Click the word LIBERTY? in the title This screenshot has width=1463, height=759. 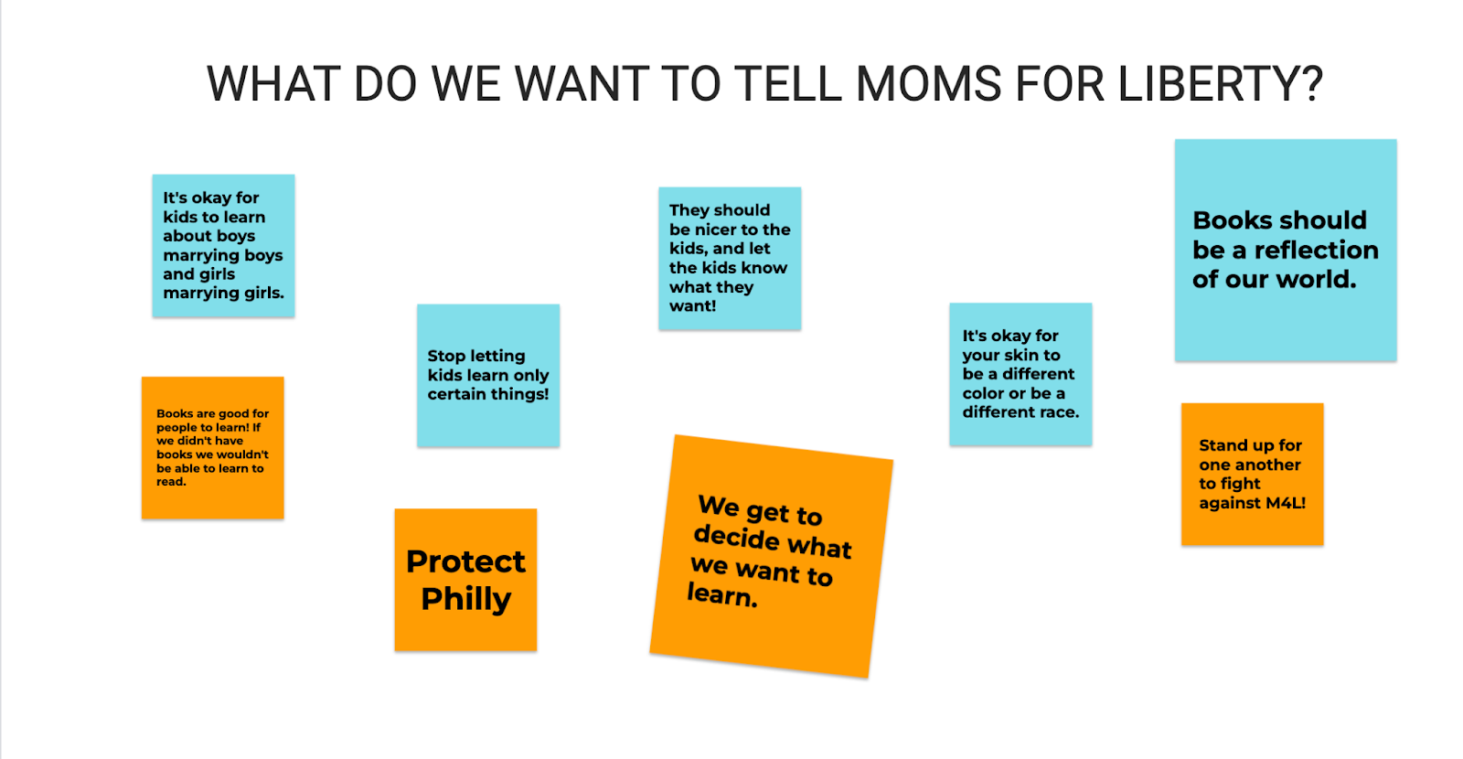(1220, 84)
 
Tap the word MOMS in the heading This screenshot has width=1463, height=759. (928, 84)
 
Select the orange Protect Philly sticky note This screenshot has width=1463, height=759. (465, 580)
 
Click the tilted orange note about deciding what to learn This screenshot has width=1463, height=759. (772, 557)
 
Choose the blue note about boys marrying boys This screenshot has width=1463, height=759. (223, 246)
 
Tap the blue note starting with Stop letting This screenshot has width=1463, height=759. (488, 376)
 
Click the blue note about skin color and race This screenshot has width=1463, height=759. (1020, 374)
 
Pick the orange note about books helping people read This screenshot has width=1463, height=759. (213, 448)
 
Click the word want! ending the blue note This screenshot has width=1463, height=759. (693, 306)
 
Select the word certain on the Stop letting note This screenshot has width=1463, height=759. (456, 394)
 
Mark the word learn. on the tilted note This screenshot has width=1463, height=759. (722, 595)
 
